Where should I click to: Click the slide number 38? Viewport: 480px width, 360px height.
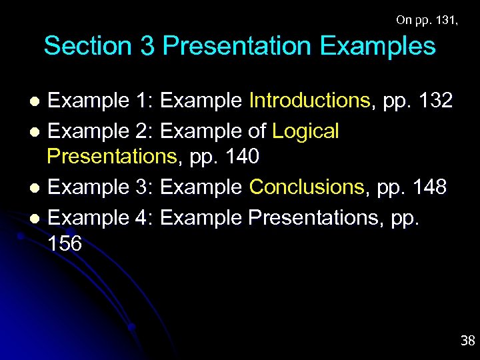coord(467,341)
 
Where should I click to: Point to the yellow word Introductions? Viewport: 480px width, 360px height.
coord(309,101)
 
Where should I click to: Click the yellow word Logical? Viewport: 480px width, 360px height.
coord(306,131)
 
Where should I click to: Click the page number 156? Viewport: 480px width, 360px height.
coord(65,244)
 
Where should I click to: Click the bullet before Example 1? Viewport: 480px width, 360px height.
coord(37,102)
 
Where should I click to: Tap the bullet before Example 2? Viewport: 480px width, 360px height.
coord(37,132)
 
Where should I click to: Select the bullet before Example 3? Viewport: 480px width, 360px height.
coord(37,189)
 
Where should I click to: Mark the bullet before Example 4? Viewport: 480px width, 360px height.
coord(37,219)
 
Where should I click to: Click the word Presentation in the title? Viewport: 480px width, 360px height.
coord(237,47)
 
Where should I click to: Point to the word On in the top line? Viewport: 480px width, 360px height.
coord(403,20)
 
